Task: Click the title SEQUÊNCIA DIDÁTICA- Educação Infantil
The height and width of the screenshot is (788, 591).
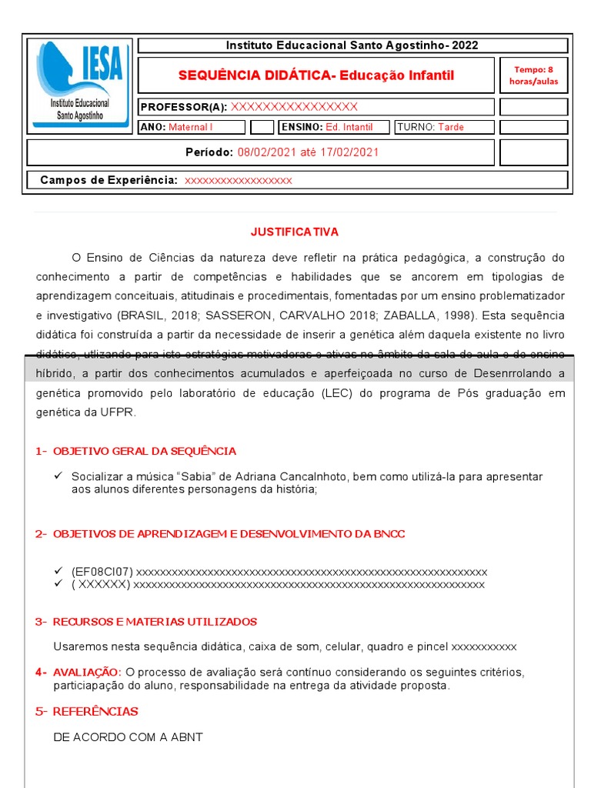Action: [316, 75]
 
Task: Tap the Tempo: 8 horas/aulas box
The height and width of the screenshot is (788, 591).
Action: [533, 75]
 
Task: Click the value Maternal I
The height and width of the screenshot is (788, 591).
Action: [190, 127]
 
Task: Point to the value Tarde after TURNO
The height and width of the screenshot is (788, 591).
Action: [451, 127]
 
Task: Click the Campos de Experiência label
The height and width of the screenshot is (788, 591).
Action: [109, 180]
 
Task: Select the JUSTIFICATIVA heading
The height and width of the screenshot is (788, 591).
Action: [295, 232]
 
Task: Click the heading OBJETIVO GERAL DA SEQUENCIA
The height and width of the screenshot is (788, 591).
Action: [145, 451]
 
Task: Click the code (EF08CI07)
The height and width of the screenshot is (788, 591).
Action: [102, 572]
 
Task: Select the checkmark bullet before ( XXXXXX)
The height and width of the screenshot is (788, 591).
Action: [58, 584]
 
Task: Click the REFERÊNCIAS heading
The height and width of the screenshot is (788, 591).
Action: [95, 711]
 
